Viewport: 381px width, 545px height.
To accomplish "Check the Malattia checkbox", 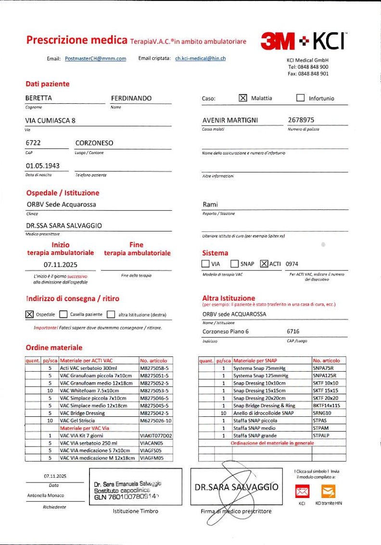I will coord(242,98).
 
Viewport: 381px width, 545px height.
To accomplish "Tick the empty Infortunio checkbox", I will coord(300,98).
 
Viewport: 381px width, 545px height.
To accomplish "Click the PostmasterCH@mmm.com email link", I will coord(95,59).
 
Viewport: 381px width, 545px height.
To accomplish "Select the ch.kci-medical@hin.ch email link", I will coord(200,59).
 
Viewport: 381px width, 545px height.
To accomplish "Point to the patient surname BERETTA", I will coord(38,98).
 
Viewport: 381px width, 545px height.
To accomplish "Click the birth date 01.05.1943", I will coord(42,166).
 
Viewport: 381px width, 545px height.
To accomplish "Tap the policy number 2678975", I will coord(301,120).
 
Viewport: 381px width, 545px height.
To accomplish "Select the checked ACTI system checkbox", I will coord(264,264).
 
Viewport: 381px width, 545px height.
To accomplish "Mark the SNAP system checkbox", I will coord(234,264).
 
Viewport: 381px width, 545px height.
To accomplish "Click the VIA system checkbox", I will coord(205,264).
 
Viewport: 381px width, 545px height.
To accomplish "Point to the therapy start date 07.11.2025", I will coord(60,265).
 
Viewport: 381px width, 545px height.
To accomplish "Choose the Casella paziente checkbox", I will coord(63,315).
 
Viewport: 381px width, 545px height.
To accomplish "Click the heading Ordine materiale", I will coord(54,347).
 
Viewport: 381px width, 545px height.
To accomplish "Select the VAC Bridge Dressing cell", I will coord(82,413).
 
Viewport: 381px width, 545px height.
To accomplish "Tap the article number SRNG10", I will coord(322,413).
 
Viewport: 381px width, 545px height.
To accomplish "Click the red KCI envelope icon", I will coord(302,491).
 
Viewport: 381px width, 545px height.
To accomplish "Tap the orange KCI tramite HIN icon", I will coord(328,491).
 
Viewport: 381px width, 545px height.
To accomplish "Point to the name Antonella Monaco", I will coord(46,496).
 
